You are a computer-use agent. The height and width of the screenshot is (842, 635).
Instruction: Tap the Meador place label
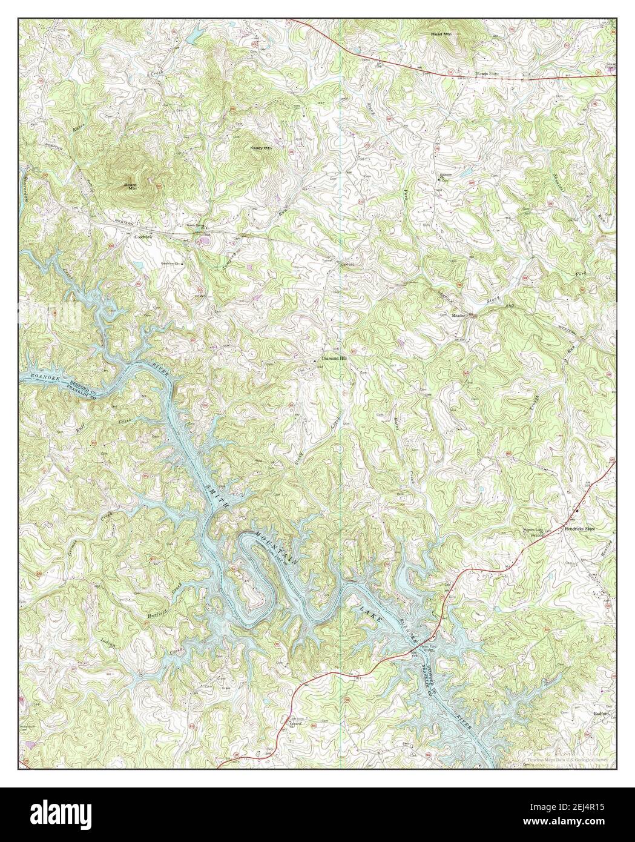pyautogui.click(x=461, y=316)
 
